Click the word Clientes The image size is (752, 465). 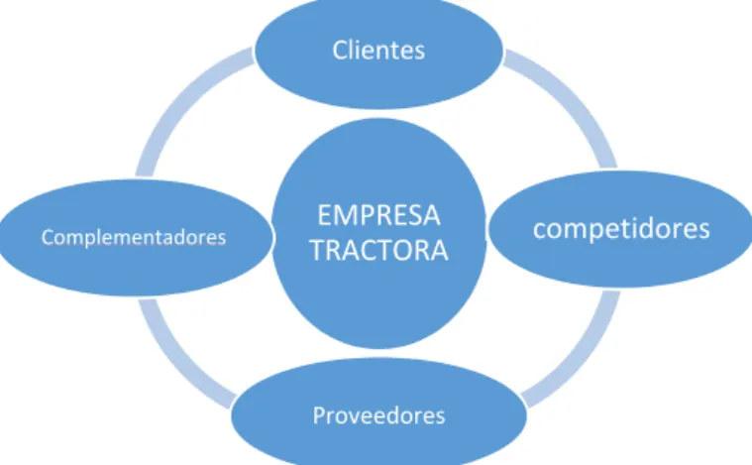[x=378, y=50]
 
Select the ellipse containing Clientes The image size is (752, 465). [x=378, y=52]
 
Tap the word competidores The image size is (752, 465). [x=621, y=229]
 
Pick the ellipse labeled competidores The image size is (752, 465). [x=620, y=229]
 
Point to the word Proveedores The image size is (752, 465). [x=378, y=415]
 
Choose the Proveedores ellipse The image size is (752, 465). [x=378, y=412]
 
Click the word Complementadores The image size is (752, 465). [x=134, y=238]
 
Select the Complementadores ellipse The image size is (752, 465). [x=136, y=238]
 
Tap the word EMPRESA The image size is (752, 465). [x=378, y=215]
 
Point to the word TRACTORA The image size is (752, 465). [x=378, y=250]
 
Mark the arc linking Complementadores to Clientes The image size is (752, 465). [x=184, y=102]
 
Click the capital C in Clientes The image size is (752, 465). [x=340, y=51]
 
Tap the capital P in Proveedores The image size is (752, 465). [x=319, y=415]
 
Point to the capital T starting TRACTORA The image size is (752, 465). [x=317, y=251]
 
